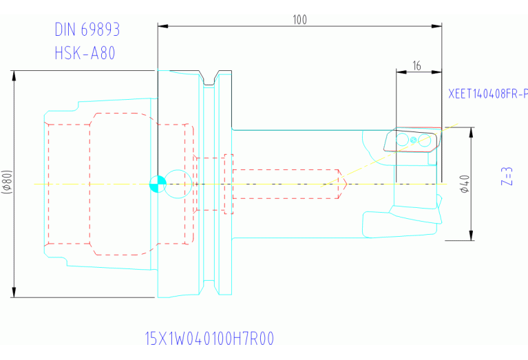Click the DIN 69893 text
point(87,30)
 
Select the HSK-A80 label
point(85,52)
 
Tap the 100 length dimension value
point(299,19)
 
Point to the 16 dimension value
point(417,66)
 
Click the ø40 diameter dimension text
point(465,184)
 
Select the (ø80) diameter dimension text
point(7,184)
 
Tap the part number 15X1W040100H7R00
point(210,339)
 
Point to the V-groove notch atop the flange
point(211,77)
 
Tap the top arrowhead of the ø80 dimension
point(14,75)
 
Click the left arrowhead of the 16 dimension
point(400,71)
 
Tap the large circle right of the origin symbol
point(177,184)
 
